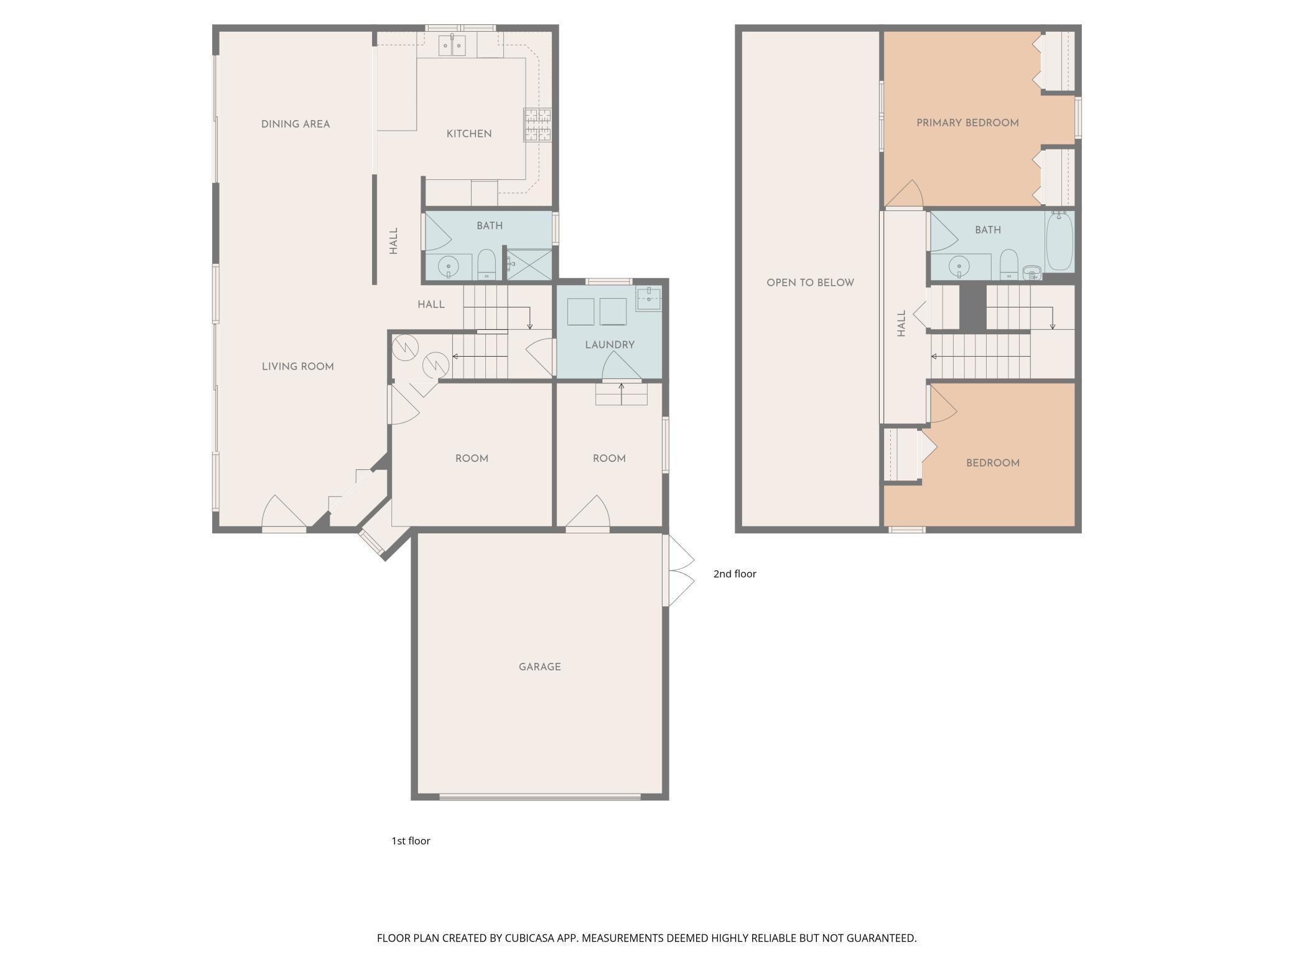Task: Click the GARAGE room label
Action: [539, 667]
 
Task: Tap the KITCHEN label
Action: [469, 134]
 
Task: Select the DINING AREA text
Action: [296, 124]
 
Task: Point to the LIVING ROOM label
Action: [297, 367]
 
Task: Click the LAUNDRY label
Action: [610, 345]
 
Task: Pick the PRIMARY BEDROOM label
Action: [967, 123]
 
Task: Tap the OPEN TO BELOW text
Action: [810, 283]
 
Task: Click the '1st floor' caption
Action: [411, 841]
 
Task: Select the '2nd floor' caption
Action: [735, 574]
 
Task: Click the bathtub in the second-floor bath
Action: [1059, 242]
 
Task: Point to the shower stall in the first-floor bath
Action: [528, 265]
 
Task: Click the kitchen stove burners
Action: [537, 125]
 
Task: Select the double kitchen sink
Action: [452, 45]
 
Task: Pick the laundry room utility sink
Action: [648, 298]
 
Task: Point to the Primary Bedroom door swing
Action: [904, 193]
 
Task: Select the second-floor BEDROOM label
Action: [992, 463]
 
